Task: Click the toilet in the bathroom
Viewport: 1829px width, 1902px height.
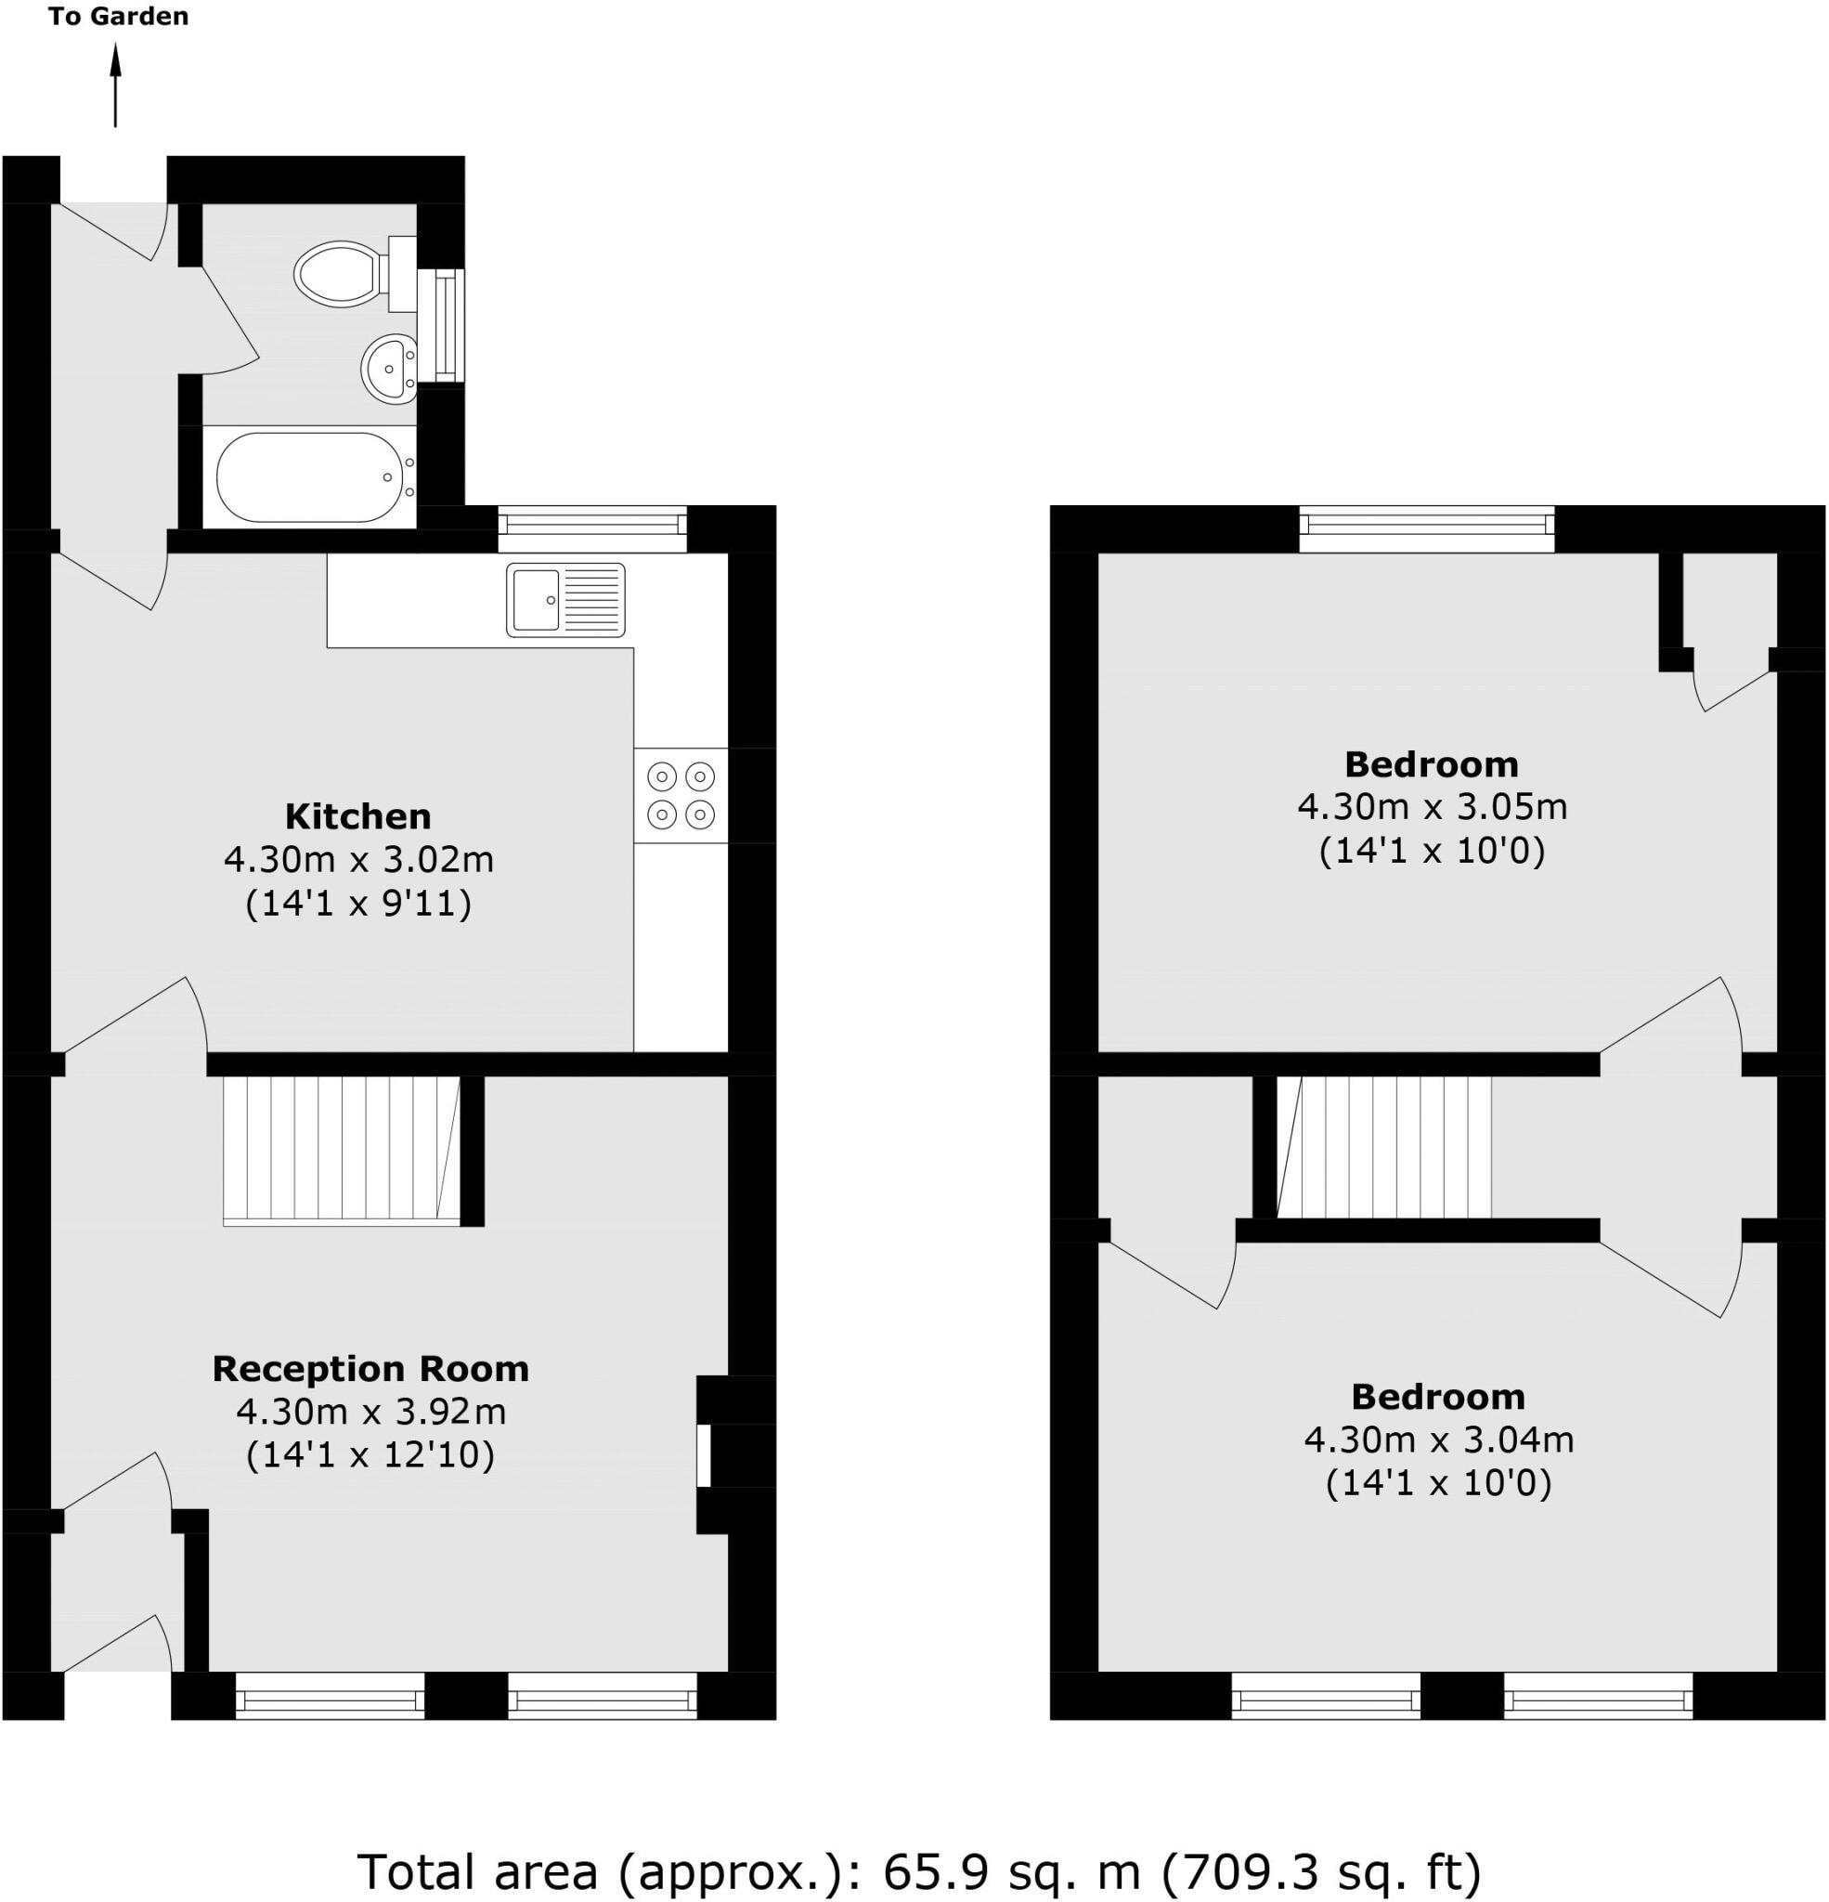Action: coord(340,274)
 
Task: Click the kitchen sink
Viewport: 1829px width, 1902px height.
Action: coord(564,600)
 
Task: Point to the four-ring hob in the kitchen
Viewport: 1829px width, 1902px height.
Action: coord(681,795)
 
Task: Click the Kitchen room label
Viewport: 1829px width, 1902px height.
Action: coord(358,816)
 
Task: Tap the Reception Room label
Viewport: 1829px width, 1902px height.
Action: coord(370,1368)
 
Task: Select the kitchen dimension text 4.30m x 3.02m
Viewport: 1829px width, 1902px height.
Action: coord(358,860)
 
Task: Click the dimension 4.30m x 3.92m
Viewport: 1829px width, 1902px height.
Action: coord(370,1411)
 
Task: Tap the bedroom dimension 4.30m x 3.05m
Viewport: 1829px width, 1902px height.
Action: coord(1433,806)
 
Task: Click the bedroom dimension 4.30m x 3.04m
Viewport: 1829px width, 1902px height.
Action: coord(1438,1440)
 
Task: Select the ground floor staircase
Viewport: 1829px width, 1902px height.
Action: coord(342,1149)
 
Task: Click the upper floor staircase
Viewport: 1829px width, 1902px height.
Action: coord(1384,1146)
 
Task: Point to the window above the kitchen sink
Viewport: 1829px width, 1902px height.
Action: coord(592,525)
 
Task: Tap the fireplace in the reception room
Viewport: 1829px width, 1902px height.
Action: coord(706,1454)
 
